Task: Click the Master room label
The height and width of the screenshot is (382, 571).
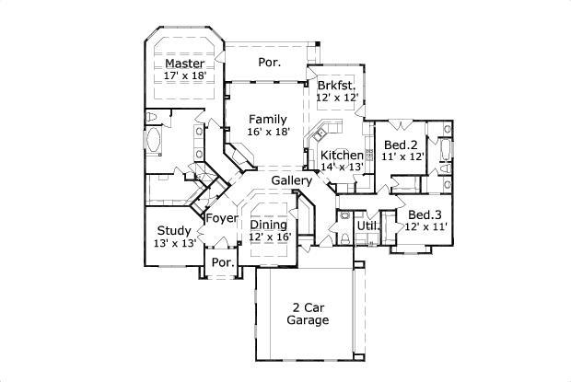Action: (x=184, y=64)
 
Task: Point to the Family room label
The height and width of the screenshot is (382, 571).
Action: (x=268, y=119)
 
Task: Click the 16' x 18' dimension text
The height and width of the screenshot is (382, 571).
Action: (x=268, y=132)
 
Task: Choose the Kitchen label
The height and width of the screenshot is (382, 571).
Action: (x=342, y=155)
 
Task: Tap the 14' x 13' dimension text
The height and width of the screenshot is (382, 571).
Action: (x=342, y=167)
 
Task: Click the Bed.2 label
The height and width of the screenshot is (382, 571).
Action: (x=401, y=145)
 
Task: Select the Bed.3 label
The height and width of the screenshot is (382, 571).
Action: (x=425, y=214)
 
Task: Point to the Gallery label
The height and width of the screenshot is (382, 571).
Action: (x=291, y=180)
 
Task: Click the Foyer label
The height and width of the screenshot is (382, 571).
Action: (x=221, y=218)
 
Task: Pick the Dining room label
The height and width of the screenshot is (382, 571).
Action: (x=269, y=225)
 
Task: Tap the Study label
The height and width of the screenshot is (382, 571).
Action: (x=174, y=231)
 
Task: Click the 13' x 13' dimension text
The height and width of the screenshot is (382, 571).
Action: (x=174, y=244)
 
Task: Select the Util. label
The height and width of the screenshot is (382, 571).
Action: (x=368, y=225)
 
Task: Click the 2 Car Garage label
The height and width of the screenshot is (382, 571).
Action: (x=308, y=313)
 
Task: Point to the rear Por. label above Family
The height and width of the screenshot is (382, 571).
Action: (x=269, y=63)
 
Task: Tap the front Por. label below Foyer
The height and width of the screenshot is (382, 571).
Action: (x=222, y=261)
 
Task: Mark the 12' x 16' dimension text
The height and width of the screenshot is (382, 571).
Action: (x=269, y=237)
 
